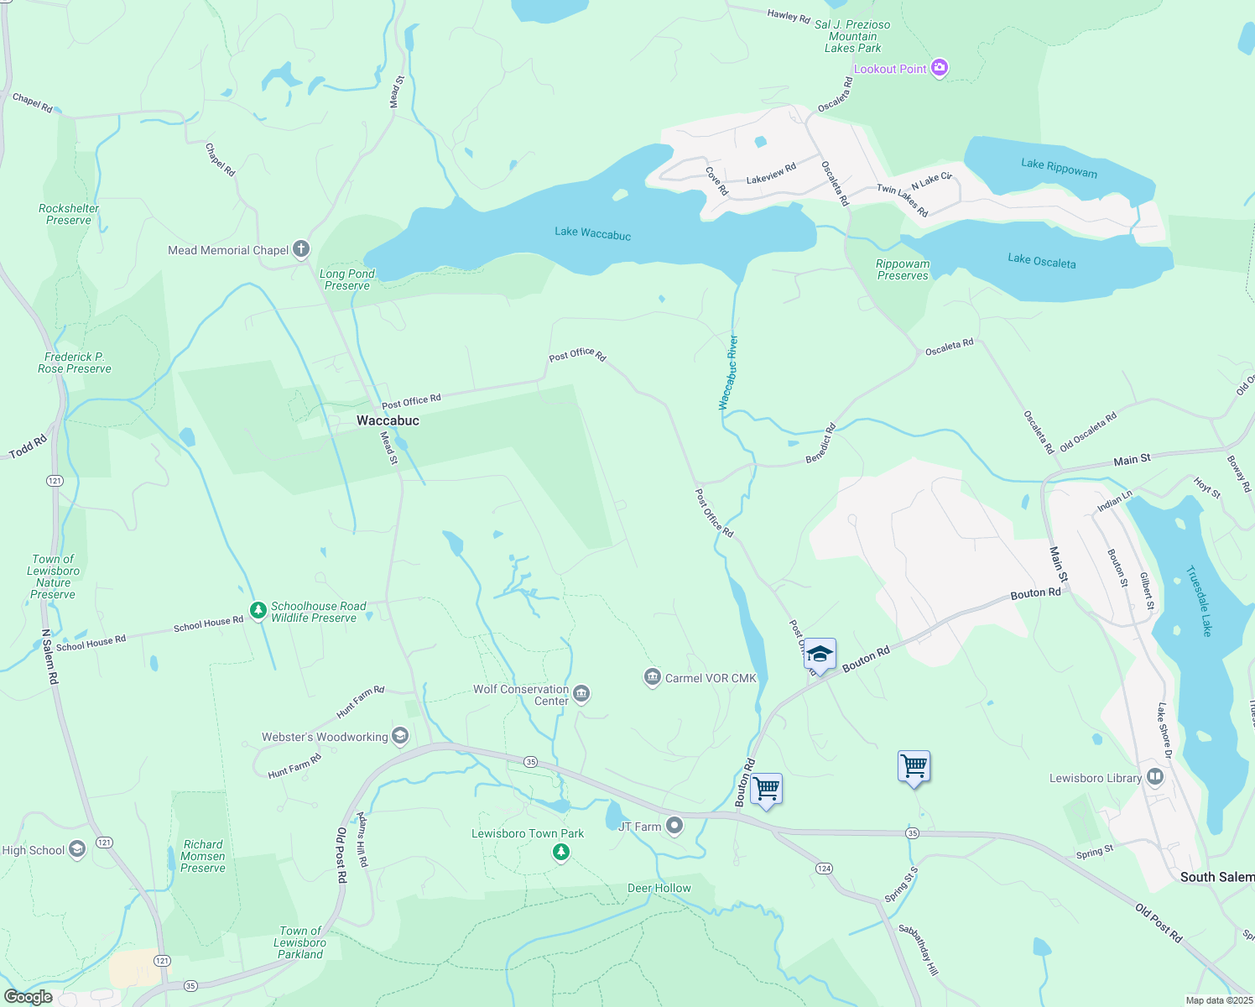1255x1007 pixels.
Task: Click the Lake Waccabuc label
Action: tap(592, 233)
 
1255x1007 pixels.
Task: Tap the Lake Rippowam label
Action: tap(1059, 168)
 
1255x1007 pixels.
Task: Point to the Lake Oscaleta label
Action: tap(1041, 261)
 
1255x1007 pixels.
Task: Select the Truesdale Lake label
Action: tap(1199, 601)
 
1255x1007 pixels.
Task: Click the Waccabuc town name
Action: tap(388, 420)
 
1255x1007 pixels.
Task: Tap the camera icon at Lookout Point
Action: tap(940, 68)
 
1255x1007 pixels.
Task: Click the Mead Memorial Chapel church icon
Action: tap(301, 249)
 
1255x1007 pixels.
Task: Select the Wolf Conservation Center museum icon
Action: tap(581, 694)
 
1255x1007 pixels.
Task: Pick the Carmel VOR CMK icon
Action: tap(652, 677)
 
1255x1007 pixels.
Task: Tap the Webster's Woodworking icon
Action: tap(400, 737)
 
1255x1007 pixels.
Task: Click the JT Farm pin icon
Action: tap(674, 827)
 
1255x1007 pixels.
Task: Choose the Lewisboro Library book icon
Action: tap(1155, 777)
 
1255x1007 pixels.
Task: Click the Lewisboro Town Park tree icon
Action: tap(561, 853)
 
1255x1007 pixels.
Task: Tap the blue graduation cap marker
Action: tap(820, 654)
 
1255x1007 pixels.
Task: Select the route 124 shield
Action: tap(824, 869)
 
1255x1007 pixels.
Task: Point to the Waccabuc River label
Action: tap(728, 373)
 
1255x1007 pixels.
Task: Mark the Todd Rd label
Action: tap(28, 447)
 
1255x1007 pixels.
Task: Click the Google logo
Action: tap(28, 997)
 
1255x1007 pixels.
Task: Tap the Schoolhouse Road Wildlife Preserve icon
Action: tap(258, 610)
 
